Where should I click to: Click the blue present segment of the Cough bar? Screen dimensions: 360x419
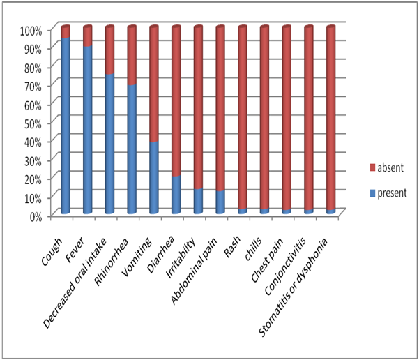[65, 126]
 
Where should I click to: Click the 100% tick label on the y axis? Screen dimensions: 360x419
[31, 30]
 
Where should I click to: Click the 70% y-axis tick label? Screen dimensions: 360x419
[33, 85]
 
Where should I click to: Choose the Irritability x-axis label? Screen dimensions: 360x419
[185, 244]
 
